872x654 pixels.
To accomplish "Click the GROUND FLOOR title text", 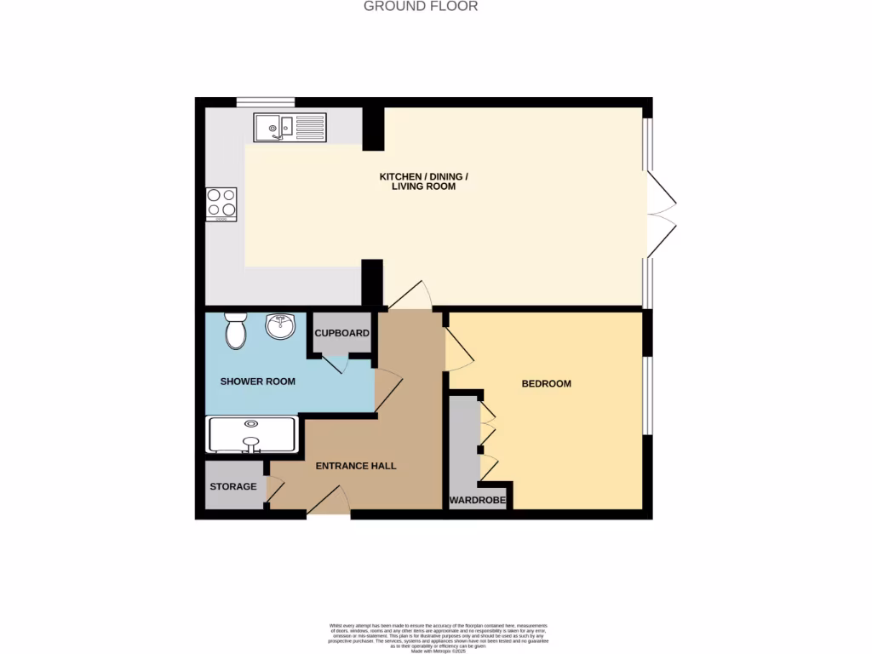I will [421, 7].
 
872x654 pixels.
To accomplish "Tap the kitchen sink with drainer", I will [290, 128].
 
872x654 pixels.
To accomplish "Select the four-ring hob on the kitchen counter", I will [221, 204].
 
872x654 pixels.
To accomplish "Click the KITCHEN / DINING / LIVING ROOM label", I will [423, 181].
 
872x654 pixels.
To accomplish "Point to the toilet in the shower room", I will [235, 330].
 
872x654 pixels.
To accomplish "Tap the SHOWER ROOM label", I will [258, 381].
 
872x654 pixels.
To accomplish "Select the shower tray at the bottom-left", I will [251, 433].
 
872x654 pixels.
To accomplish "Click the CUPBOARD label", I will [342, 333].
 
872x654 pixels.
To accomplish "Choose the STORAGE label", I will [233, 486].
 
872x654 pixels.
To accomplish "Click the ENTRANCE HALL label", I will [356, 466].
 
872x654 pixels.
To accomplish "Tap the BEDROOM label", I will [547, 384].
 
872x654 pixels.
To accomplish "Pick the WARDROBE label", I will [478, 500].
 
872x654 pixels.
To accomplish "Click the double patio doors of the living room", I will [661, 211].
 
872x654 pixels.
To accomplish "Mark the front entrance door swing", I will [328, 503].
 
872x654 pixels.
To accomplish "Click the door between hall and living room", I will [411, 296].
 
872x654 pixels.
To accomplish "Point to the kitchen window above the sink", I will [266, 103].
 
